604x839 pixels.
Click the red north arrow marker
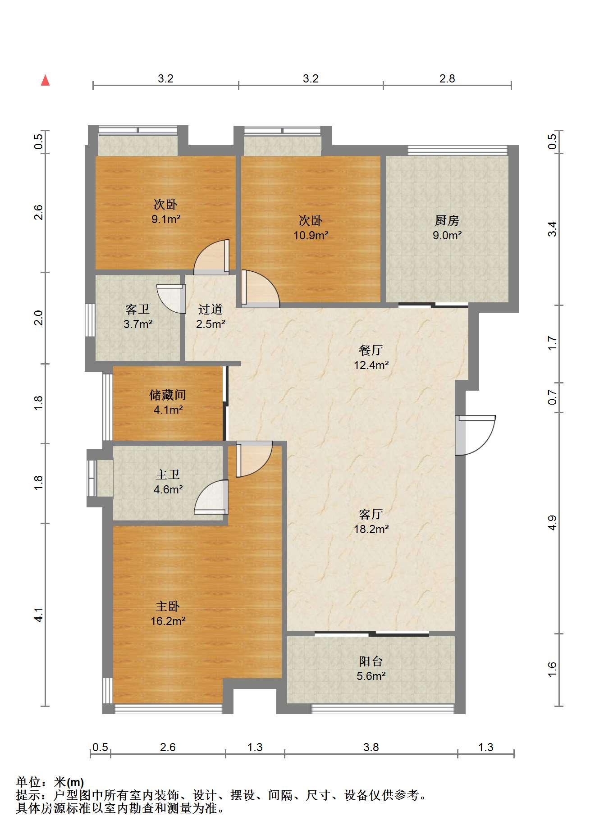pos(45,81)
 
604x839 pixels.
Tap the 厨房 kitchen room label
pos(447,220)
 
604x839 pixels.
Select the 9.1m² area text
pos(166,219)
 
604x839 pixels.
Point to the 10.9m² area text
pos(311,235)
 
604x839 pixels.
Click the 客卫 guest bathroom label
pos(137,310)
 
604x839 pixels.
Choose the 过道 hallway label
pos(210,310)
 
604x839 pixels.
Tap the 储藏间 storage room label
pos(168,395)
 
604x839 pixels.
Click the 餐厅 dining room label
pos(371,350)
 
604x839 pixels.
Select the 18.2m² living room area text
pos(371,529)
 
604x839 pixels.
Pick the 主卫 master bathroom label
pos(168,474)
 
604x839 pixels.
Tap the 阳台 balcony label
pos(371,661)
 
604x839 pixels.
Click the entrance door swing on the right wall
pos(476,435)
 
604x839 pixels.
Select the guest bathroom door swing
pos(171,299)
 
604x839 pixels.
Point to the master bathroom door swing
pos(211,497)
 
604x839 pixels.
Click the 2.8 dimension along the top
pos(447,79)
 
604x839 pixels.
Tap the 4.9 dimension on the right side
pos(553,523)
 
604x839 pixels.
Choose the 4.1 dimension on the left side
pos(39,615)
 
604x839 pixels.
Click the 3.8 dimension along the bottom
pos(371,748)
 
